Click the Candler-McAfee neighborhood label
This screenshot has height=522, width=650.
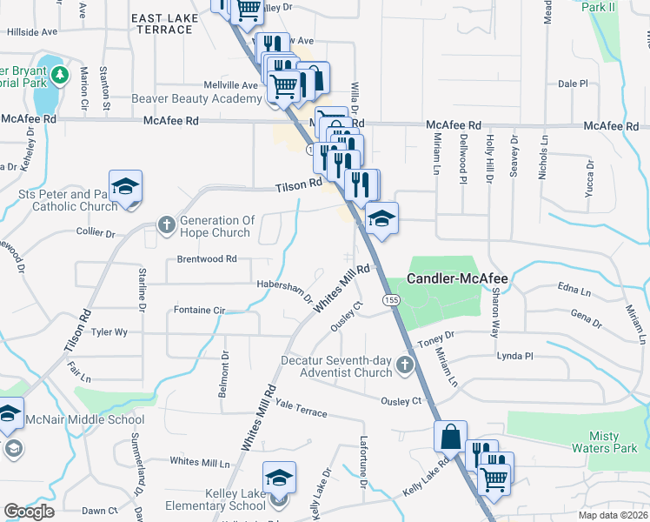[x=458, y=279]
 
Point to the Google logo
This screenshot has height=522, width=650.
[x=29, y=512]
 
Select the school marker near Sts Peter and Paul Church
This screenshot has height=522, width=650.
[x=126, y=186]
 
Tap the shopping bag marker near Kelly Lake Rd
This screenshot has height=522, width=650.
[x=451, y=436]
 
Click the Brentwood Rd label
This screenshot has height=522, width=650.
[x=207, y=258]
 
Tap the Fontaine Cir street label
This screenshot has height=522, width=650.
[x=199, y=309]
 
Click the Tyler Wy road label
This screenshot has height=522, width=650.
[x=109, y=331]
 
